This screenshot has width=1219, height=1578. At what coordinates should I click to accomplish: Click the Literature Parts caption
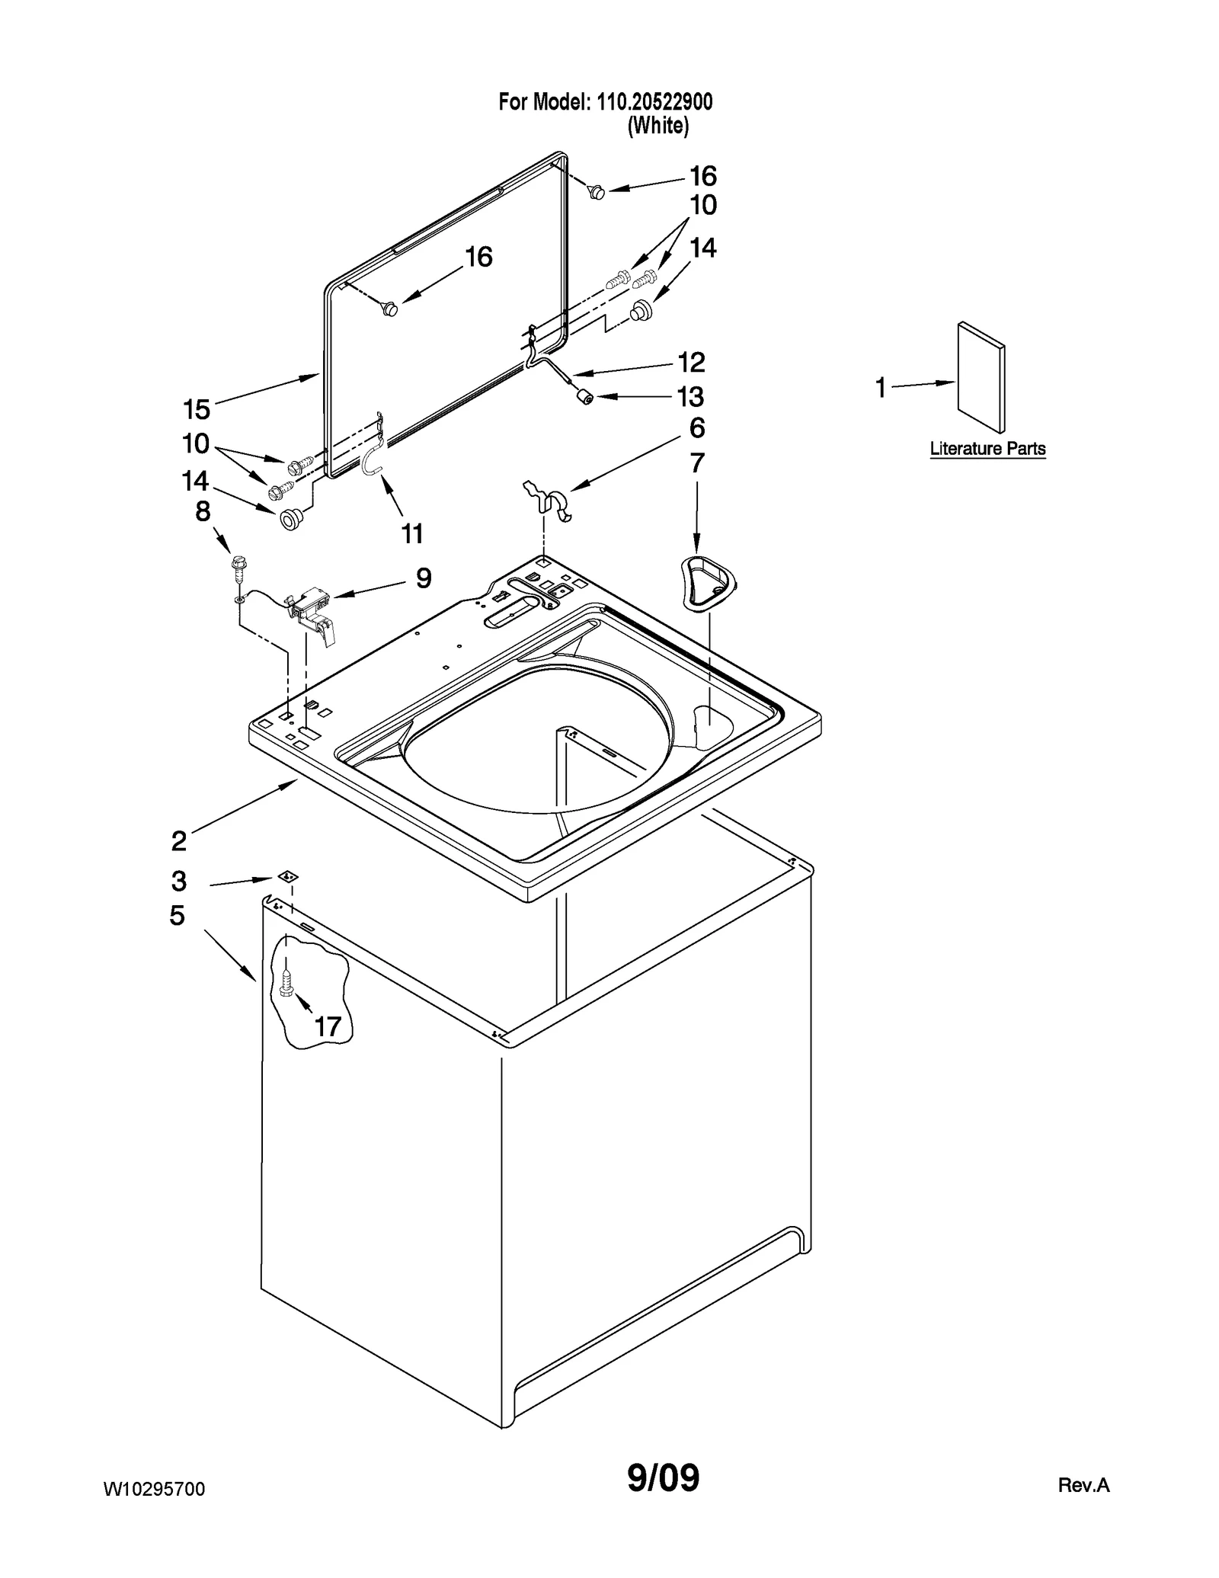(x=987, y=449)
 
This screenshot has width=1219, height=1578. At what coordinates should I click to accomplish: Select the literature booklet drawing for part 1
(x=981, y=376)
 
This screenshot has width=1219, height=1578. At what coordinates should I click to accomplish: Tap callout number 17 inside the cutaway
(x=328, y=1026)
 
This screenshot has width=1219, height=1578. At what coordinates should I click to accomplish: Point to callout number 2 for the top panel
(x=179, y=841)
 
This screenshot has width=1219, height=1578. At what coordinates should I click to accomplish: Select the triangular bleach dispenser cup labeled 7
(x=709, y=582)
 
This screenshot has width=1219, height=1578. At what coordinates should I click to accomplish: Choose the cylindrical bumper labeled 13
(x=584, y=397)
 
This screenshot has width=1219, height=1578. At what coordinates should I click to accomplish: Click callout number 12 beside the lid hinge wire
(x=691, y=362)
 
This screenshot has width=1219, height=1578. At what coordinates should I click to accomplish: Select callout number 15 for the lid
(x=197, y=409)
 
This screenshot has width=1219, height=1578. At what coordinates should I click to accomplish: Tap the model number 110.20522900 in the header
(x=653, y=101)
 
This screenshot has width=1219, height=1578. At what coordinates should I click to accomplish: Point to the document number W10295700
(x=154, y=1489)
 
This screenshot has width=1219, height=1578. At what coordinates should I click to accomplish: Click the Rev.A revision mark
(x=1083, y=1485)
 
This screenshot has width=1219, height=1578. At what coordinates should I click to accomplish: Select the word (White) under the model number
(x=657, y=126)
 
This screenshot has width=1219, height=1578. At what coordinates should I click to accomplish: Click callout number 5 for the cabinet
(x=178, y=915)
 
